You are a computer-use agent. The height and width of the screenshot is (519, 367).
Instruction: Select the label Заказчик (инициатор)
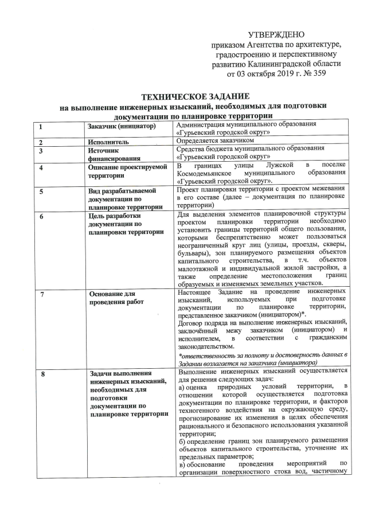(x=119, y=126)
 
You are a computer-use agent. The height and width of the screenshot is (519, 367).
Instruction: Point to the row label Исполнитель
(x=108, y=142)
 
